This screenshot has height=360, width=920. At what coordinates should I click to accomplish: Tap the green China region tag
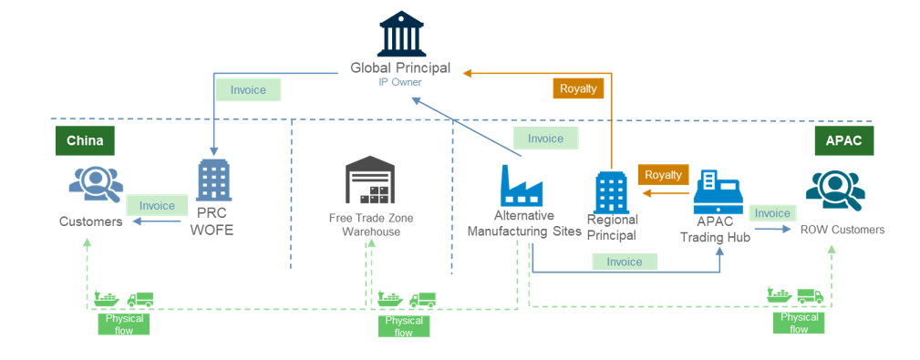click(x=85, y=140)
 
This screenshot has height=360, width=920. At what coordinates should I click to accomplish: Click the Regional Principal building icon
click(x=610, y=191)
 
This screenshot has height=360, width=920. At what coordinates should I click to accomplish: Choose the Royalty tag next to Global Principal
click(x=578, y=88)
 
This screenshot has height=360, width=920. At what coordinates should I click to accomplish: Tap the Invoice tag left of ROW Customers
click(x=772, y=213)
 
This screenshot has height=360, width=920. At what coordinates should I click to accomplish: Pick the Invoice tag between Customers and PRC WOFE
click(x=150, y=205)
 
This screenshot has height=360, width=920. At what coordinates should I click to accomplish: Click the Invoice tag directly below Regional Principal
click(x=624, y=262)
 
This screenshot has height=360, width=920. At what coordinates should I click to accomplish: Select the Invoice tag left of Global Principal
click(x=248, y=90)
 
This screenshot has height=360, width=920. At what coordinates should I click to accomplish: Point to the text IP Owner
click(x=400, y=82)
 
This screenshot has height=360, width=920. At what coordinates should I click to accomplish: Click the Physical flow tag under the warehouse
click(x=403, y=326)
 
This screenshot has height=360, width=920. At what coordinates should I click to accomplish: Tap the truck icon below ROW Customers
click(x=810, y=295)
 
